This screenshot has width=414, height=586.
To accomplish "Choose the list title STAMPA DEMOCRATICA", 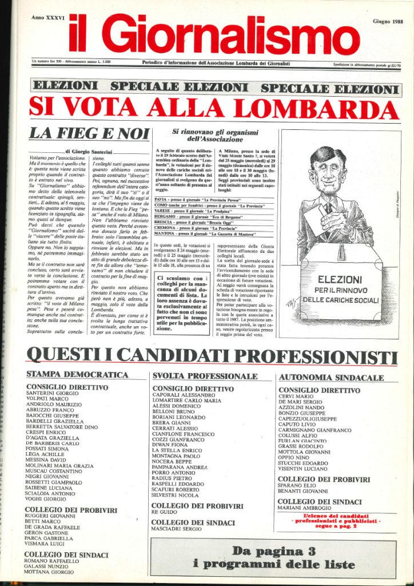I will (x=77, y=375).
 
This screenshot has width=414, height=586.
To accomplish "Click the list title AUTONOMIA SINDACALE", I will (x=331, y=378).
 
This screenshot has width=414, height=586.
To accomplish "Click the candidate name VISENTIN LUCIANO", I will (x=303, y=469).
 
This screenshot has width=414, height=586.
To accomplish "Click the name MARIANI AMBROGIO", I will (x=305, y=508).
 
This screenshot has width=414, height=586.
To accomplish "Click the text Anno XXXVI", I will (x=48, y=18).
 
